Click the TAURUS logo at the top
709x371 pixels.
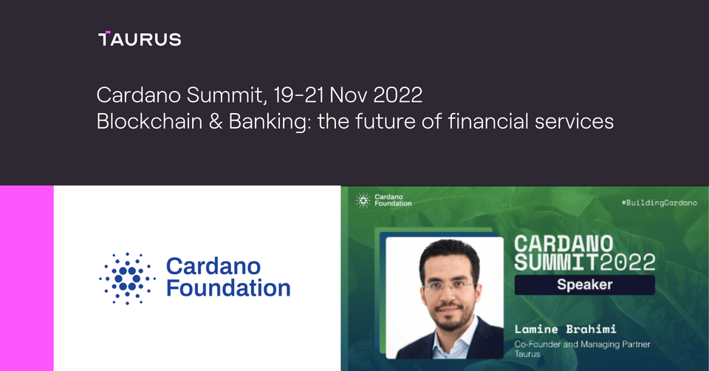pos(139,39)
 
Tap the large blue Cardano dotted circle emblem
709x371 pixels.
pos(128,279)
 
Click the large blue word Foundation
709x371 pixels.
pos(228,289)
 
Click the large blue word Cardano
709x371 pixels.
pos(213,266)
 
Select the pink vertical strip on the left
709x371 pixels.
pos(27,278)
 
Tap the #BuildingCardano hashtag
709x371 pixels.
pos(659,202)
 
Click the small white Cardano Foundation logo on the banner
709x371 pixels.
pos(384,200)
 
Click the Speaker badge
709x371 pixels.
pos(584,285)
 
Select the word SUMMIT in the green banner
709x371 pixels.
pos(555,261)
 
